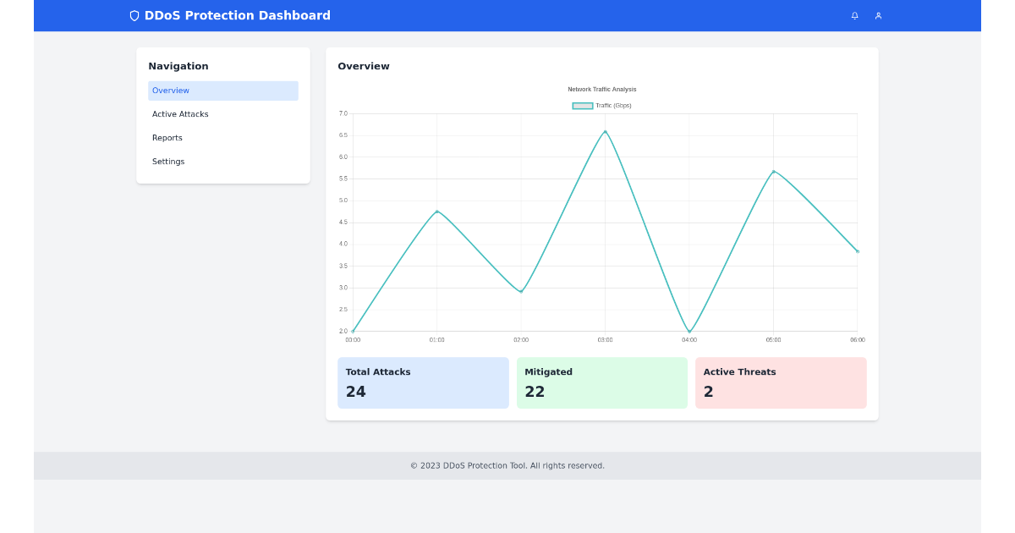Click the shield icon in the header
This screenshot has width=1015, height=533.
tap(134, 15)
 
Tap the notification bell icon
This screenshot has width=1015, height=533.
tap(854, 15)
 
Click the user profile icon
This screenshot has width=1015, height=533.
tap(878, 15)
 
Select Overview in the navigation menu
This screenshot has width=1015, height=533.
tap(171, 91)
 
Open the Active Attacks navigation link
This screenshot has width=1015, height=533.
tap(180, 114)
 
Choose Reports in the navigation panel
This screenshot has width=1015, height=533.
tap(167, 138)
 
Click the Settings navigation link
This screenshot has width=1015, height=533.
tap(168, 162)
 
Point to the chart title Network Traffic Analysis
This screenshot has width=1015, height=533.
tap(602, 89)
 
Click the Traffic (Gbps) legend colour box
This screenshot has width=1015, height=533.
tap(583, 106)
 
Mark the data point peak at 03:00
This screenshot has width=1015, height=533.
tap(605, 131)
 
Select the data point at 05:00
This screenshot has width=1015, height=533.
tap(773, 172)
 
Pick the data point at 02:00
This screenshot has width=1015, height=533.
tap(521, 292)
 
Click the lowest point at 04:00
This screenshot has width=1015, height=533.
tap(689, 331)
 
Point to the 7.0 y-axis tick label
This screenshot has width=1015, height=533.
tap(343, 113)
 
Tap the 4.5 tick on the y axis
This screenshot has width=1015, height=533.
tap(343, 223)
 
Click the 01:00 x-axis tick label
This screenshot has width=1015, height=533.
tap(436, 340)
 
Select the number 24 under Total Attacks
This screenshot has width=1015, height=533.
tap(356, 392)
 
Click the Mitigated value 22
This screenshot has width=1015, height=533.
tap(535, 392)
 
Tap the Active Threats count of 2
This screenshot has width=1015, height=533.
tap(709, 392)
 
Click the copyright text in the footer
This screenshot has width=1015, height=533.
tap(507, 465)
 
